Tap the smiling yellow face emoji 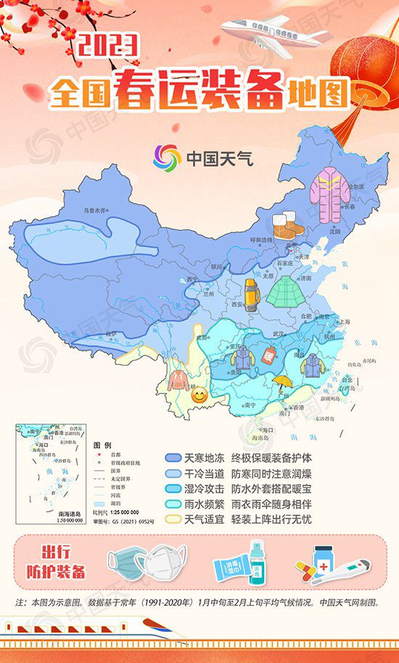point(198,396)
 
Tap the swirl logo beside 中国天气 point(168,157)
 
